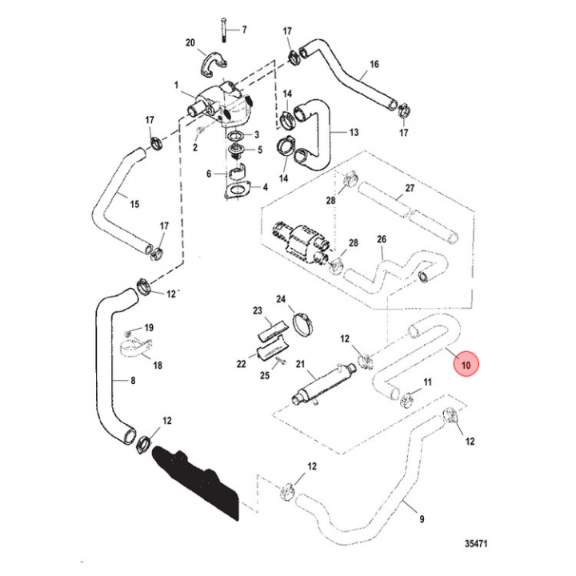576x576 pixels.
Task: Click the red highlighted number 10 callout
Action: [x=466, y=366]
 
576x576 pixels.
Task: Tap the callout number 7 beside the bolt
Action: [x=245, y=30]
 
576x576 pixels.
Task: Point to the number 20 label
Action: [x=190, y=42]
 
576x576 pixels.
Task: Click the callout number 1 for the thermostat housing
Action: [x=177, y=83]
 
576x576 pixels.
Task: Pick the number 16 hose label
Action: [x=374, y=64]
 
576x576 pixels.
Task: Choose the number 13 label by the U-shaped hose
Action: [x=353, y=132]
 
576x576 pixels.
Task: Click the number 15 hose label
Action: [x=134, y=204]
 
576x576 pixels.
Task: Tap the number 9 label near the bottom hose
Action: [x=422, y=518]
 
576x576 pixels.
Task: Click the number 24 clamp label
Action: [x=281, y=299]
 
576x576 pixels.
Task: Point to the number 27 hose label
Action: [x=409, y=189]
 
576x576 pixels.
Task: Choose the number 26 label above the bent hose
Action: [x=382, y=239]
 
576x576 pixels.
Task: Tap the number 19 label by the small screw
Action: [x=149, y=328]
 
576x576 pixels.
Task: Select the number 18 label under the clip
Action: [x=158, y=365]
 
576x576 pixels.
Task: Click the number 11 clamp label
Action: [x=426, y=382]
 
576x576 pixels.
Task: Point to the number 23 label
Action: [x=258, y=310]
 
